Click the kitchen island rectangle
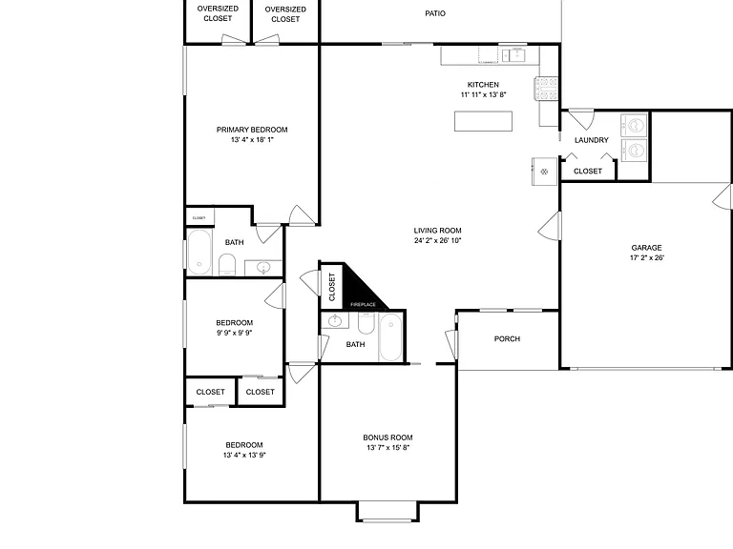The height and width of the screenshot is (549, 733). click(483, 121)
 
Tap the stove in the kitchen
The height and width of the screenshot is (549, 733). click(546, 89)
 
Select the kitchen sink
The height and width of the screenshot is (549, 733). click(513, 55)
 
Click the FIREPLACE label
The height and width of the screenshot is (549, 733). click(364, 304)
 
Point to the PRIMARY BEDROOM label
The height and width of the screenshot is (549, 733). click(252, 130)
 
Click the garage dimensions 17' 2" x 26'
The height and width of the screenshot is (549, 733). click(646, 257)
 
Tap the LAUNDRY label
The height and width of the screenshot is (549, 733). click(592, 140)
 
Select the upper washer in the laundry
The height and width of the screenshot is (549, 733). click(634, 125)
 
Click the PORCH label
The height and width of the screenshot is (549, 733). click(507, 339)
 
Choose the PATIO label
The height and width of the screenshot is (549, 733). click(435, 13)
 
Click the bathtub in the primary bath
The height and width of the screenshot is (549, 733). click(199, 252)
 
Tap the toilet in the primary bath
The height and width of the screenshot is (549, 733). click(228, 265)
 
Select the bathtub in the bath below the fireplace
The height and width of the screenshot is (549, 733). click(390, 337)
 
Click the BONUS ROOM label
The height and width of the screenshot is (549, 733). click(387, 437)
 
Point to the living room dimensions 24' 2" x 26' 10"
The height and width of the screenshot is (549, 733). click(437, 240)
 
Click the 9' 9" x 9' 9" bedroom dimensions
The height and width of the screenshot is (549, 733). click(234, 333)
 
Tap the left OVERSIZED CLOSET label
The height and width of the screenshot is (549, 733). click(218, 13)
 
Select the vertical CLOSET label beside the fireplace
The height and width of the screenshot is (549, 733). click(332, 287)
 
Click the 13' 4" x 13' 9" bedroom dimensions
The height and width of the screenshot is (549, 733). click(244, 456)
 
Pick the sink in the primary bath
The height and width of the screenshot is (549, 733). click(263, 269)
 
